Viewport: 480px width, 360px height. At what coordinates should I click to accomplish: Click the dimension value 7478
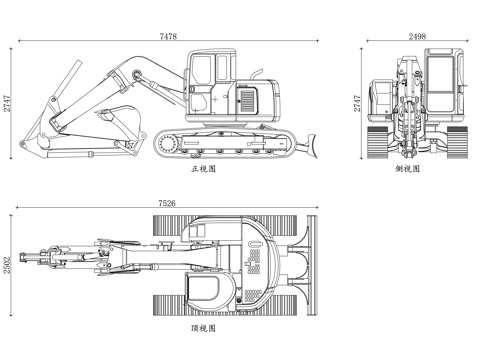[168, 36]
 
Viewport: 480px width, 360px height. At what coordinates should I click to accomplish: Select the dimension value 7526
[167, 203]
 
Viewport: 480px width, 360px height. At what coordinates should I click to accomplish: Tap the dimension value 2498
[417, 36]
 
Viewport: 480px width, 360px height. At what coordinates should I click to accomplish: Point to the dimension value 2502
[7, 265]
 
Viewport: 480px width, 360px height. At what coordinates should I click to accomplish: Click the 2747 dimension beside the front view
[7, 103]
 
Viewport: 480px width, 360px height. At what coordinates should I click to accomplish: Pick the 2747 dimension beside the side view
[357, 103]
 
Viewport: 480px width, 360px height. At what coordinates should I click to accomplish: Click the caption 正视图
[203, 169]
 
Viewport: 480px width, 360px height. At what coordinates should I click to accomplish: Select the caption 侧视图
[407, 169]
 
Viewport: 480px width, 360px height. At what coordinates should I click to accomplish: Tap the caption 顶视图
[203, 328]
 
